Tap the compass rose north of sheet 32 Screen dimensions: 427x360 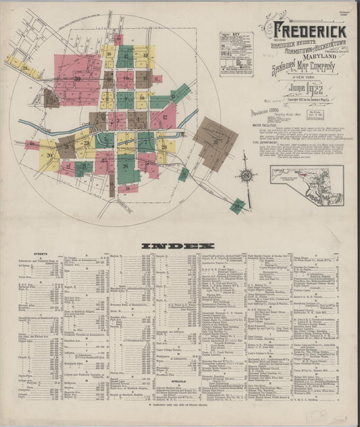[x=247, y=176]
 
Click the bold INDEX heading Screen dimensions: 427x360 [x=179, y=245]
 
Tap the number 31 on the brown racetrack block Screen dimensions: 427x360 [x=215, y=141]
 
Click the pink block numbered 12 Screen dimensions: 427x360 [x=163, y=117]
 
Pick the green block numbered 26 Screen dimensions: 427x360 [x=126, y=166]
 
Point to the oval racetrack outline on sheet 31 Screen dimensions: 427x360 [x=215, y=129]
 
